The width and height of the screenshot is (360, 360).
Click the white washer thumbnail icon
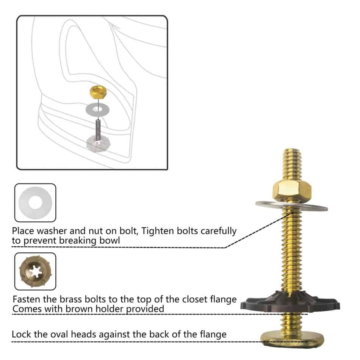[x=35, y=202]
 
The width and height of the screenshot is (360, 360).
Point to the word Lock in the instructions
[x=20, y=335]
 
